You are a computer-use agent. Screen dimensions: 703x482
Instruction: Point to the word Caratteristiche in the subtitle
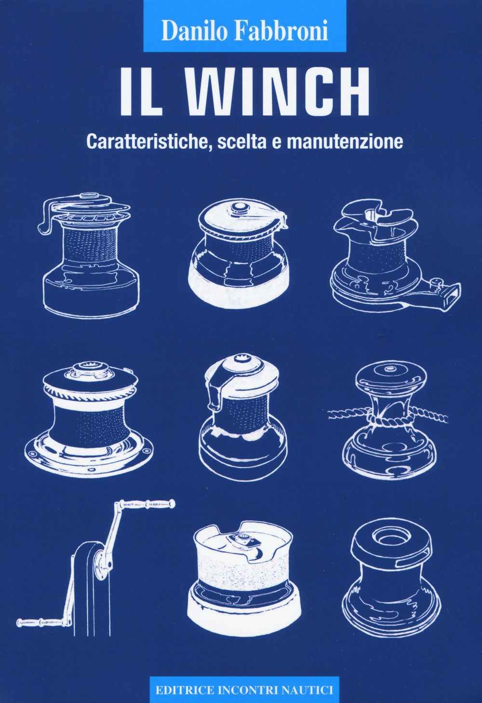(149, 141)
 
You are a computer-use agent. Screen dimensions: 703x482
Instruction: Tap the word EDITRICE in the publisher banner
(185, 690)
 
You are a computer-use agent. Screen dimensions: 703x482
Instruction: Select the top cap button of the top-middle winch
(237, 208)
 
